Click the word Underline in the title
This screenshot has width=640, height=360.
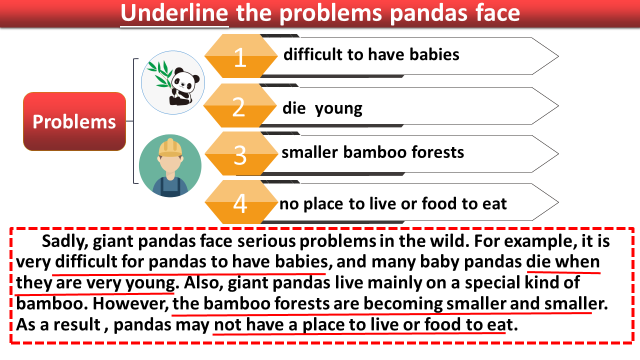pyautogui.click(x=174, y=13)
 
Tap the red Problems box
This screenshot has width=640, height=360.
pyautogui.click(x=74, y=121)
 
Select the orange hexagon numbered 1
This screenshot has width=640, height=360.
pyautogui.click(x=241, y=56)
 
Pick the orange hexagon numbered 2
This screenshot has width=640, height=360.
pyautogui.click(x=240, y=105)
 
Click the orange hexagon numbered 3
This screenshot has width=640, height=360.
pyautogui.click(x=241, y=153)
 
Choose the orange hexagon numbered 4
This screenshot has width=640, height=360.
pyautogui.click(x=241, y=202)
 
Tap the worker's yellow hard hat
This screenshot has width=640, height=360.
pyautogui.click(x=170, y=148)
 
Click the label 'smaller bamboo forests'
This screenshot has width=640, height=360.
pyautogui.click(x=372, y=151)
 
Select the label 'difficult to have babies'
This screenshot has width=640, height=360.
pyautogui.click(x=371, y=54)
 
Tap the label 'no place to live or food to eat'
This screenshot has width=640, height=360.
pyautogui.click(x=393, y=204)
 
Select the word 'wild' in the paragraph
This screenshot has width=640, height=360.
pyautogui.click(x=449, y=241)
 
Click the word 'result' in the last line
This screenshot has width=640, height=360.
pyautogui.click(x=76, y=325)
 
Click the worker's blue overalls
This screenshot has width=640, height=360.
pyautogui.click(x=170, y=187)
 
